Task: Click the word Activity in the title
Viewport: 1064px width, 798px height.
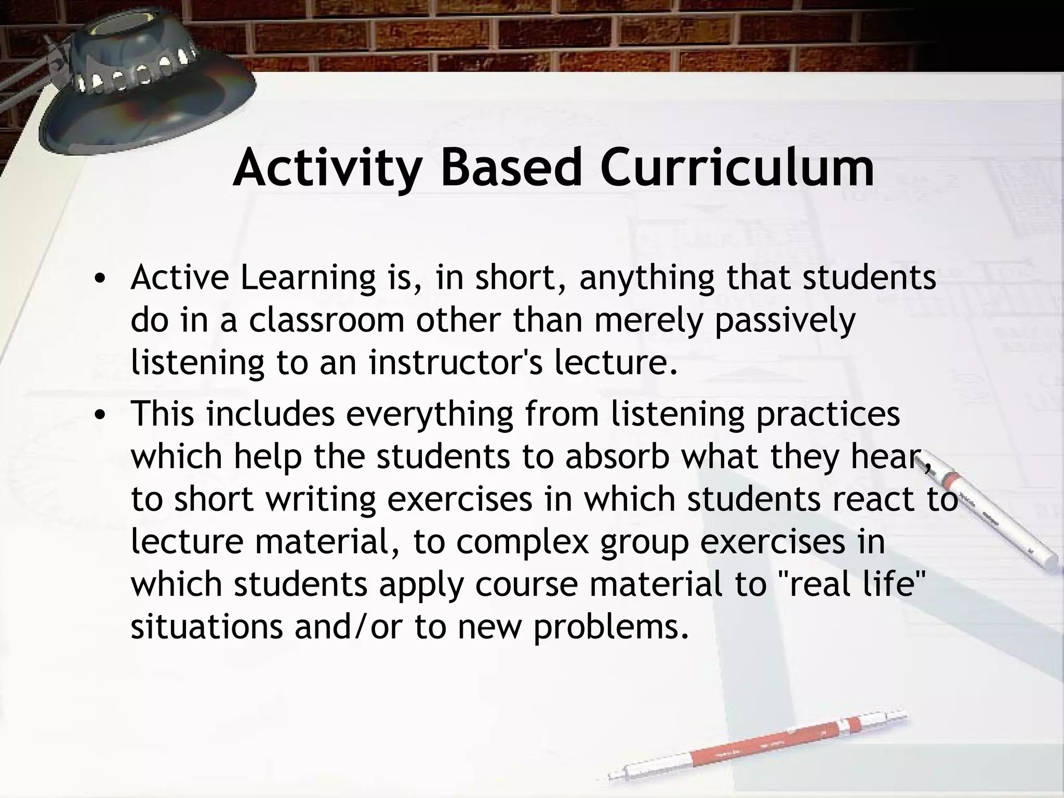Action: pyautogui.click(x=326, y=168)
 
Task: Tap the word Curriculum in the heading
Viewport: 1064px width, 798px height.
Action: pyautogui.click(x=737, y=168)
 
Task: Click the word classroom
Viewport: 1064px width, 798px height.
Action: pyautogui.click(x=326, y=321)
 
